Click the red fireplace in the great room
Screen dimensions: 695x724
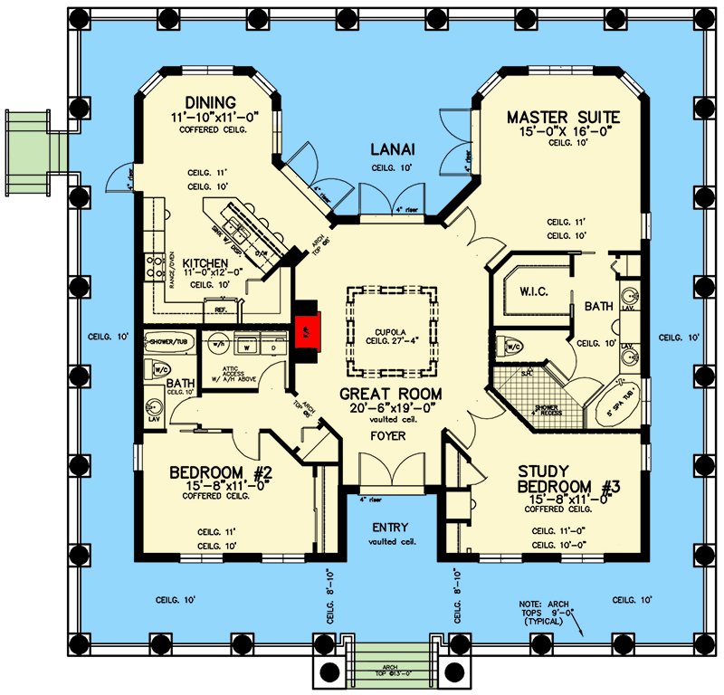tap(304, 330)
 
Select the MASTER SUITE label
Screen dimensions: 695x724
tap(563, 117)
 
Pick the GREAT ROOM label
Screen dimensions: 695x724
tap(391, 394)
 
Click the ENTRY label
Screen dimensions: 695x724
tap(390, 528)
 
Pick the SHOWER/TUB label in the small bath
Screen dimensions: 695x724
tap(170, 341)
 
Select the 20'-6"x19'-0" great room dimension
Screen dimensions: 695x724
tap(391, 408)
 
